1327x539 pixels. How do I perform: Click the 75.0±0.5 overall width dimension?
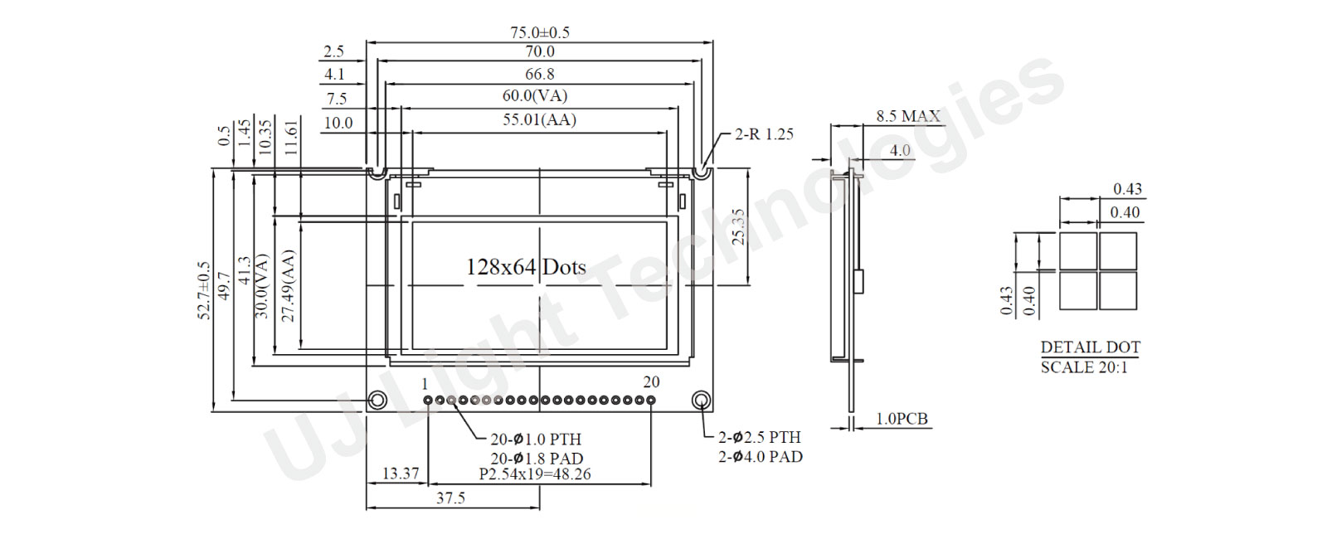(x=539, y=32)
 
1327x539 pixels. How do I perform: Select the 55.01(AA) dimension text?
(x=539, y=119)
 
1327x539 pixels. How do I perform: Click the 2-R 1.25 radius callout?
(x=764, y=134)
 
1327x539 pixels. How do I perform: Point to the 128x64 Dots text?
(x=526, y=267)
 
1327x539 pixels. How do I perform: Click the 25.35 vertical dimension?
(x=738, y=227)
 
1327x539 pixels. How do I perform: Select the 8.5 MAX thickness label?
(x=908, y=116)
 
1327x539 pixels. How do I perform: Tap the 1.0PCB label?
(x=902, y=419)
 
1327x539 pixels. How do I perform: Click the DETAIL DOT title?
(x=1090, y=347)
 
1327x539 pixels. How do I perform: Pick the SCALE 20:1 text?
(x=1084, y=367)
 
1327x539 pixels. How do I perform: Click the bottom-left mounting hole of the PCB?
(x=377, y=401)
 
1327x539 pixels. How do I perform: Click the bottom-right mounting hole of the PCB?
(x=702, y=401)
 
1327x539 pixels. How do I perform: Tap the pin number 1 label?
(x=425, y=384)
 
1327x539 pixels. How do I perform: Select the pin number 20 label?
(x=651, y=381)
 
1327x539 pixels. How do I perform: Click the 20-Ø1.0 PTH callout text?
(x=535, y=439)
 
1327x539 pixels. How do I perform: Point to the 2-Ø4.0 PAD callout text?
(x=760, y=456)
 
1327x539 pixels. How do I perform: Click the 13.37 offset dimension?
(x=400, y=473)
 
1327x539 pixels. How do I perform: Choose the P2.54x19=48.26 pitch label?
(x=535, y=474)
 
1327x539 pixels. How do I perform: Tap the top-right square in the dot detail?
(x=1117, y=250)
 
